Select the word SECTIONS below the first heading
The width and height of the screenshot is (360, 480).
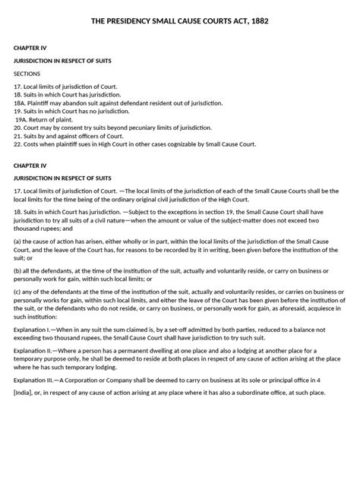(30, 73)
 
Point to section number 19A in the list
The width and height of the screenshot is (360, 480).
(22, 118)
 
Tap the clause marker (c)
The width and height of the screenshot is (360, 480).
(19, 314)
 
